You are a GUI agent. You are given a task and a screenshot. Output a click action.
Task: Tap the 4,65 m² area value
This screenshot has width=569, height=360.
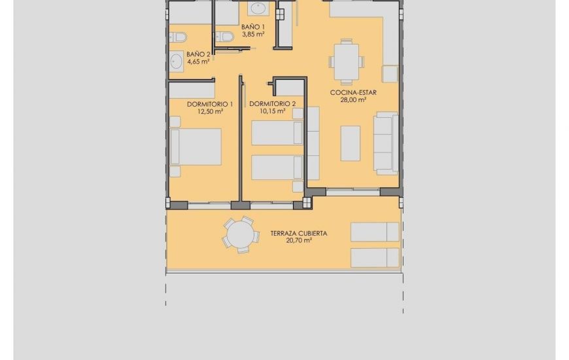click(x=198, y=62)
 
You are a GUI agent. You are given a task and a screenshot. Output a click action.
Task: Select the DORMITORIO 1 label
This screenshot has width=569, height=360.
click(x=210, y=104)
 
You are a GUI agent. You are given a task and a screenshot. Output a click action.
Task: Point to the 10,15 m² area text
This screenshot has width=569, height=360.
click(x=272, y=111)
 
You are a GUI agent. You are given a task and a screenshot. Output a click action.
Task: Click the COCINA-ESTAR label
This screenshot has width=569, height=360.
click(x=353, y=93)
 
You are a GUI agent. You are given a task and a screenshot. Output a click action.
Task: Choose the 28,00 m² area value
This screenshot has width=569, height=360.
click(x=353, y=100)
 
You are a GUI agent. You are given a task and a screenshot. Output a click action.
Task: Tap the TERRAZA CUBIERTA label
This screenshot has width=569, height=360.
click(x=298, y=233)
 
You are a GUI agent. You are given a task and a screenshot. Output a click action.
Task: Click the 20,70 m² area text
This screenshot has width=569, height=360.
click(x=298, y=241)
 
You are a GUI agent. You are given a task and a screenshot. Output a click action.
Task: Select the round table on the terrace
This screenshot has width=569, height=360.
click(x=238, y=234)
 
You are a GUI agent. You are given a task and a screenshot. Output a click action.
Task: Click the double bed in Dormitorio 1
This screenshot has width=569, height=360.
click(x=196, y=147)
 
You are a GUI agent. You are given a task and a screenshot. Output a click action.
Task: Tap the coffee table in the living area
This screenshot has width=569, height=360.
click(x=351, y=143)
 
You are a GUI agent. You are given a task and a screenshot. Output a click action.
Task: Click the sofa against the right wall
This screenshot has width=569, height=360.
click(x=386, y=143)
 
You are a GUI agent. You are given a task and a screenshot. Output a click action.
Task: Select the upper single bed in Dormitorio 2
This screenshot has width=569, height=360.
click(x=277, y=134)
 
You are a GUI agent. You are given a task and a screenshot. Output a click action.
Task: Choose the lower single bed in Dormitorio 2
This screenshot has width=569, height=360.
click(x=277, y=167)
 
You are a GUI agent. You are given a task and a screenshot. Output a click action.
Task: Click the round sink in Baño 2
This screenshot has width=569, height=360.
click(x=176, y=62)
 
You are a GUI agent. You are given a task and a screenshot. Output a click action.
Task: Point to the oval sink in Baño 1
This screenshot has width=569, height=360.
click(x=258, y=9)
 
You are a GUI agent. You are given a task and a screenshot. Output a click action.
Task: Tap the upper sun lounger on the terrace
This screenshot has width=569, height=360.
click(x=375, y=232)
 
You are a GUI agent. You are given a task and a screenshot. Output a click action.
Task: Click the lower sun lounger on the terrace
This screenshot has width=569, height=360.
click(x=375, y=257)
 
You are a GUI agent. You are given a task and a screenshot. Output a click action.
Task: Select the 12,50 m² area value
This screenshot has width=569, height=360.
click(x=210, y=112)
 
